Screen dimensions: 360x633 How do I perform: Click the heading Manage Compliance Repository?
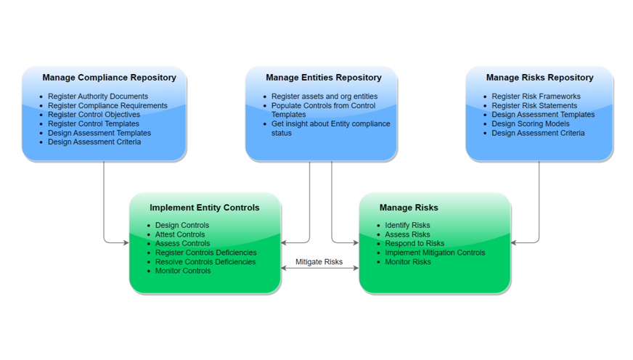pos(109,78)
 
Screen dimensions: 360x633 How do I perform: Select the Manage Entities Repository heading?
pos(323,78)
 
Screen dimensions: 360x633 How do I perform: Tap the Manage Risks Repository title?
pos(539,78)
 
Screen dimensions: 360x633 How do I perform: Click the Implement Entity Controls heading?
pos(204,208)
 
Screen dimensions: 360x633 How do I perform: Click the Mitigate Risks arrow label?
pos(319,262)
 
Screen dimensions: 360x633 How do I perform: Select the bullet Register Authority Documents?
pos(98,97)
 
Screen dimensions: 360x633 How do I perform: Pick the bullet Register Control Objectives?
pos(94,115)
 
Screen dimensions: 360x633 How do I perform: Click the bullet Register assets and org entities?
pos(324,97)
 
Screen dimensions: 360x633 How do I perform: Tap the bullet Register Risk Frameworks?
pos(536,97)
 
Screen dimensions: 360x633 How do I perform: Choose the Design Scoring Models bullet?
pos(530,124)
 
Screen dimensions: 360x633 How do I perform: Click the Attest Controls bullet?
pos(180,234)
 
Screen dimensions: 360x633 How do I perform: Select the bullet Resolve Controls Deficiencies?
pos(205,262)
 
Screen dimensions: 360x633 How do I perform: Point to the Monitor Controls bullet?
pos(183,271)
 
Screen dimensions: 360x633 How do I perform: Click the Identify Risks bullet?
pos(407,226)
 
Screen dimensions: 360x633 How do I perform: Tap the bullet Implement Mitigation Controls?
pos(435,253)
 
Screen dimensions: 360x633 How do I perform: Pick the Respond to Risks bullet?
pos(414,244)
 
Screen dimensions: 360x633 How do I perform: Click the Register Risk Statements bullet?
pos(534,106)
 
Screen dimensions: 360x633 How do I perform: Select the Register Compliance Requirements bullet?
pos(107,106)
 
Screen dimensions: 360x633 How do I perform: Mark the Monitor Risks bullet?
pos(408,262)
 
